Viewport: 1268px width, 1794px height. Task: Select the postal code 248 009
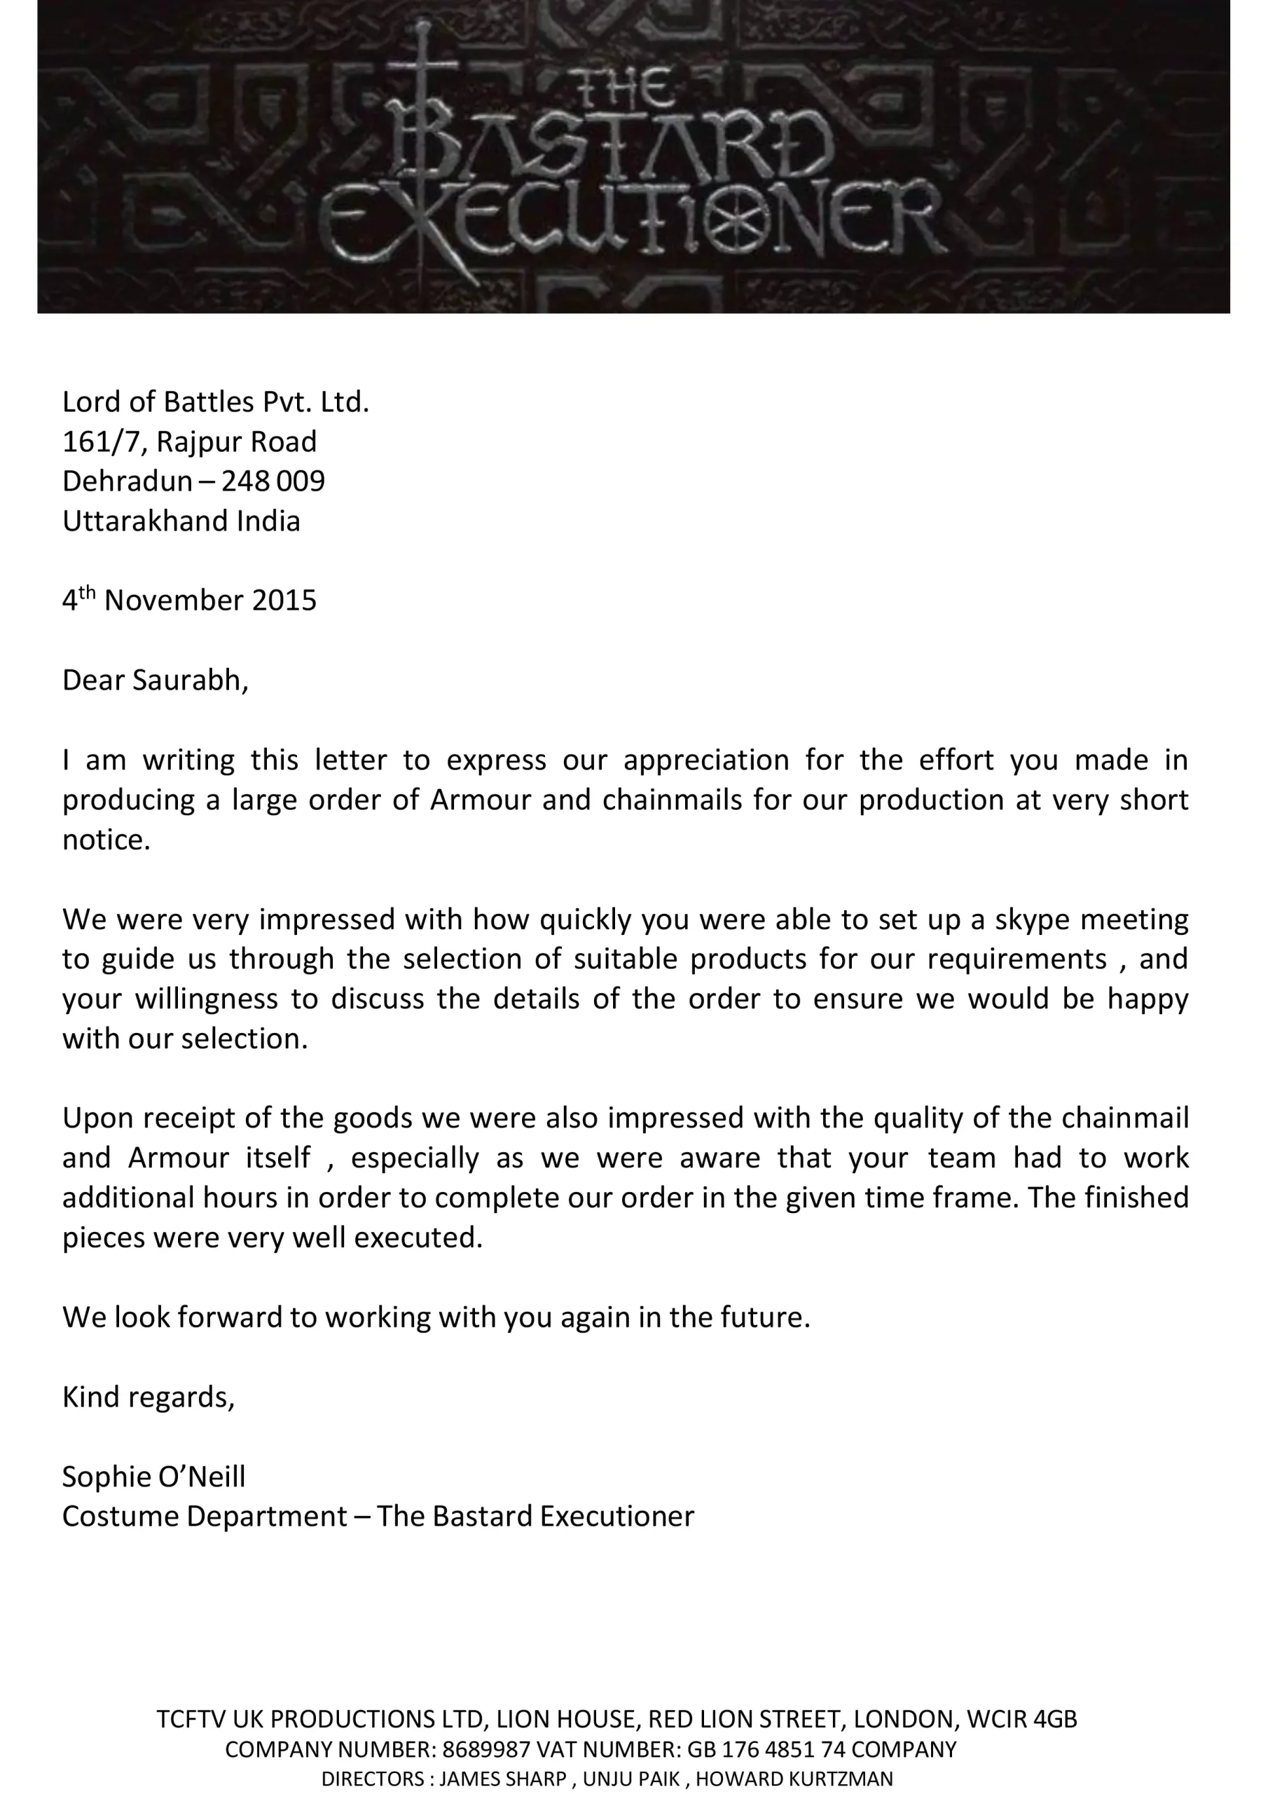[273, 481]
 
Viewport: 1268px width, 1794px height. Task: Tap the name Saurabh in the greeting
[190, 680]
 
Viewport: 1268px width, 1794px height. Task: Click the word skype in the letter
[1031, 919]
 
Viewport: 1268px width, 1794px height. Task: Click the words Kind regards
[149, 1397]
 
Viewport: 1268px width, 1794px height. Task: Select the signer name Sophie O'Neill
[154, 1477]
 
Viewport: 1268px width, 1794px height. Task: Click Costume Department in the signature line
[205, 1516]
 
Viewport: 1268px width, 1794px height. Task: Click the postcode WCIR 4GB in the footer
[1022, 1719]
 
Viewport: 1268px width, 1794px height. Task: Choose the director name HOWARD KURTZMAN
[794, 1779]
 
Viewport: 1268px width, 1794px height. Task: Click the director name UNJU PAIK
[631, 1779]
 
